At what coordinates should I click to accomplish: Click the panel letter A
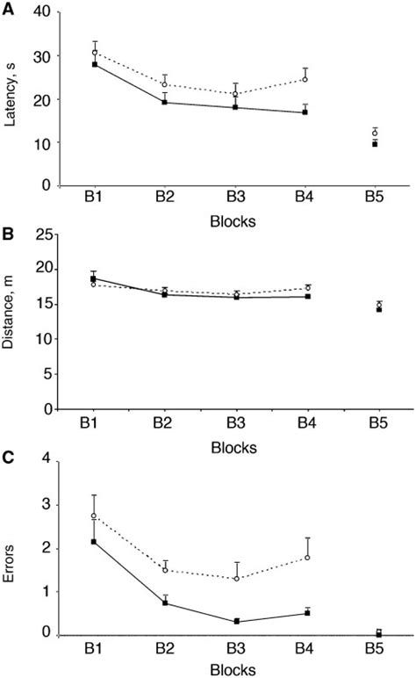coord(7,8)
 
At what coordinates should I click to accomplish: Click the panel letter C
coord(7,458)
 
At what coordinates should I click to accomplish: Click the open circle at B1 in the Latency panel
coord(95,53)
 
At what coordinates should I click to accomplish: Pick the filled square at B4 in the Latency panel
coord(305,112)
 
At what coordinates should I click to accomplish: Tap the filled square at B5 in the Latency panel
coord(375,144)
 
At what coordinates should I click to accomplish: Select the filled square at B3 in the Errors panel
coord(235,621)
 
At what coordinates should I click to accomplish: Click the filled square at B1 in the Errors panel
coord(95,542)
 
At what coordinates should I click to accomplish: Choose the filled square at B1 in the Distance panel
coord(95,278)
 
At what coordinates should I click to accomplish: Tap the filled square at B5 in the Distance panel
coord(379,309)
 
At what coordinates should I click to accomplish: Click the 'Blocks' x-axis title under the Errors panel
coord(233,671)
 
